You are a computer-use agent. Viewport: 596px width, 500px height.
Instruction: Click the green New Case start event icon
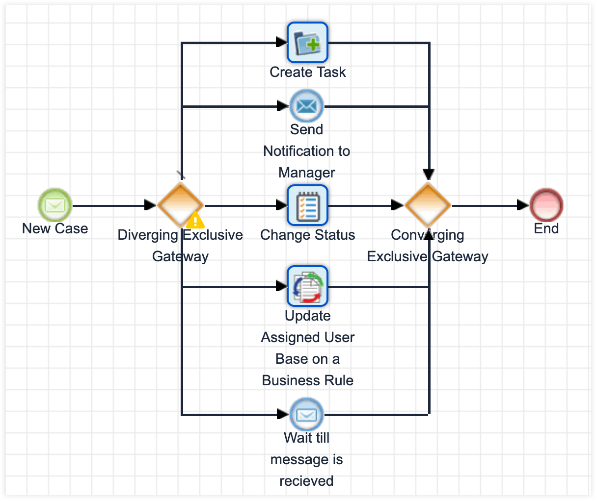pos(55,205)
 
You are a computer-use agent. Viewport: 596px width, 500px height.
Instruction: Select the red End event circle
pos(546,205)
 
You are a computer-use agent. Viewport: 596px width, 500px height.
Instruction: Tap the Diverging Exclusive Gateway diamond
pos(180,205)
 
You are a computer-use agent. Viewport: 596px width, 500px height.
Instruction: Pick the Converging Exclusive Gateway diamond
pos(428,205)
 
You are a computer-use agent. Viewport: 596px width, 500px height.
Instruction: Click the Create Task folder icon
pos(307,43)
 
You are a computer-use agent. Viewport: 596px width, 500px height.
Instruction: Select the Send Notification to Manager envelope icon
pos(306,106)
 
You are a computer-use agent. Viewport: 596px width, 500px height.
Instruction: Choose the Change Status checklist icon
pos(307,205)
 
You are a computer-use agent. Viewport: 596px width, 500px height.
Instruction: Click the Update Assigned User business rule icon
pos(307,286)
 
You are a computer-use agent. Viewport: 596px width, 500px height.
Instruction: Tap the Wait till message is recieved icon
pos(306,415)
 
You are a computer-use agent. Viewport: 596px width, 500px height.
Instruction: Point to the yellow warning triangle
pos(195,220)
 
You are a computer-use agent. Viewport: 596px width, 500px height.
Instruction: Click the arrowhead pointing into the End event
pos(523,205)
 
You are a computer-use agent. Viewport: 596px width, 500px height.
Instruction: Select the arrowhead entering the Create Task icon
pos(282,43)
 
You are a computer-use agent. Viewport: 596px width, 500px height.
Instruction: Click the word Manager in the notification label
pos(307,173)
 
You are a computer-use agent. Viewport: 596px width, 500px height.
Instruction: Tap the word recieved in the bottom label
pos(306,481)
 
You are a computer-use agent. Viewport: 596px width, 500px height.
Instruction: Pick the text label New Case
pos(55,228)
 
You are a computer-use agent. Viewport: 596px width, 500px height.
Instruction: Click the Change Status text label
pos(307,235)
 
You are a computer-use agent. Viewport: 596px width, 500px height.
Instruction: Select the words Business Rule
pos(307,380)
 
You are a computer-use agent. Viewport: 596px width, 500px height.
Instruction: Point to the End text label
pos(546,228)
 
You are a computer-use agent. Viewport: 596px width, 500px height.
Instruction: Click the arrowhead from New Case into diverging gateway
pos(151,205)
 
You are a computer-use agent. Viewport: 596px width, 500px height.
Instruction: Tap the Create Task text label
pos(307,72)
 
